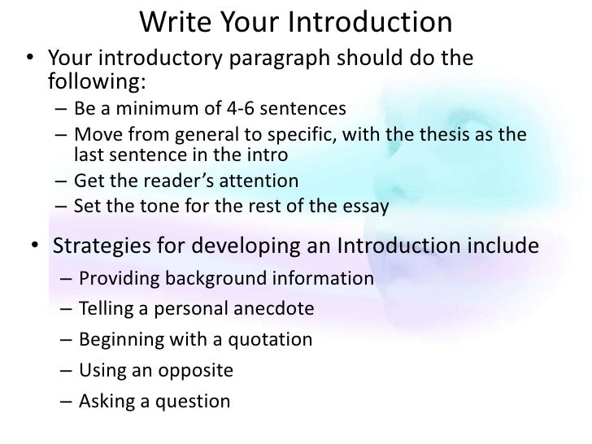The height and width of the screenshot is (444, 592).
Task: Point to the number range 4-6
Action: tap(230, 108)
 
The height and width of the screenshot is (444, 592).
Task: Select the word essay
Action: tap(367, 206)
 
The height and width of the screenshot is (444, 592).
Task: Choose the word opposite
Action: tap(194, 371)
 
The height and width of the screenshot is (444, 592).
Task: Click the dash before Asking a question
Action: tap(66, 401)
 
